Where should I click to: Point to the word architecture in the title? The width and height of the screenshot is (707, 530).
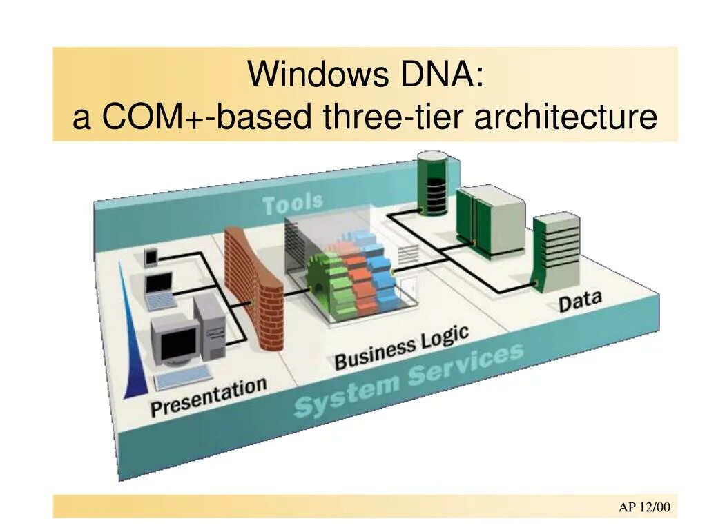(565, 117)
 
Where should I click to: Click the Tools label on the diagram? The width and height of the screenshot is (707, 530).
(293, 204)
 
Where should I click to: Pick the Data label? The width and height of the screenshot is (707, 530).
(580, 302)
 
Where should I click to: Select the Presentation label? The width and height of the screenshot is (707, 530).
(208, 397)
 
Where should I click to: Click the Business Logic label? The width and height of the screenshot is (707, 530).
(401, 349)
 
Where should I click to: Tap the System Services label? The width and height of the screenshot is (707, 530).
(408, 383)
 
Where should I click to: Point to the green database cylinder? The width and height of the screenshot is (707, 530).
(432, 183)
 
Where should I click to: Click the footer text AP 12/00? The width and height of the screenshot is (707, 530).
(643, 507)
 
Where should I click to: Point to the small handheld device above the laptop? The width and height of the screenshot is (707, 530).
(151, 257)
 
